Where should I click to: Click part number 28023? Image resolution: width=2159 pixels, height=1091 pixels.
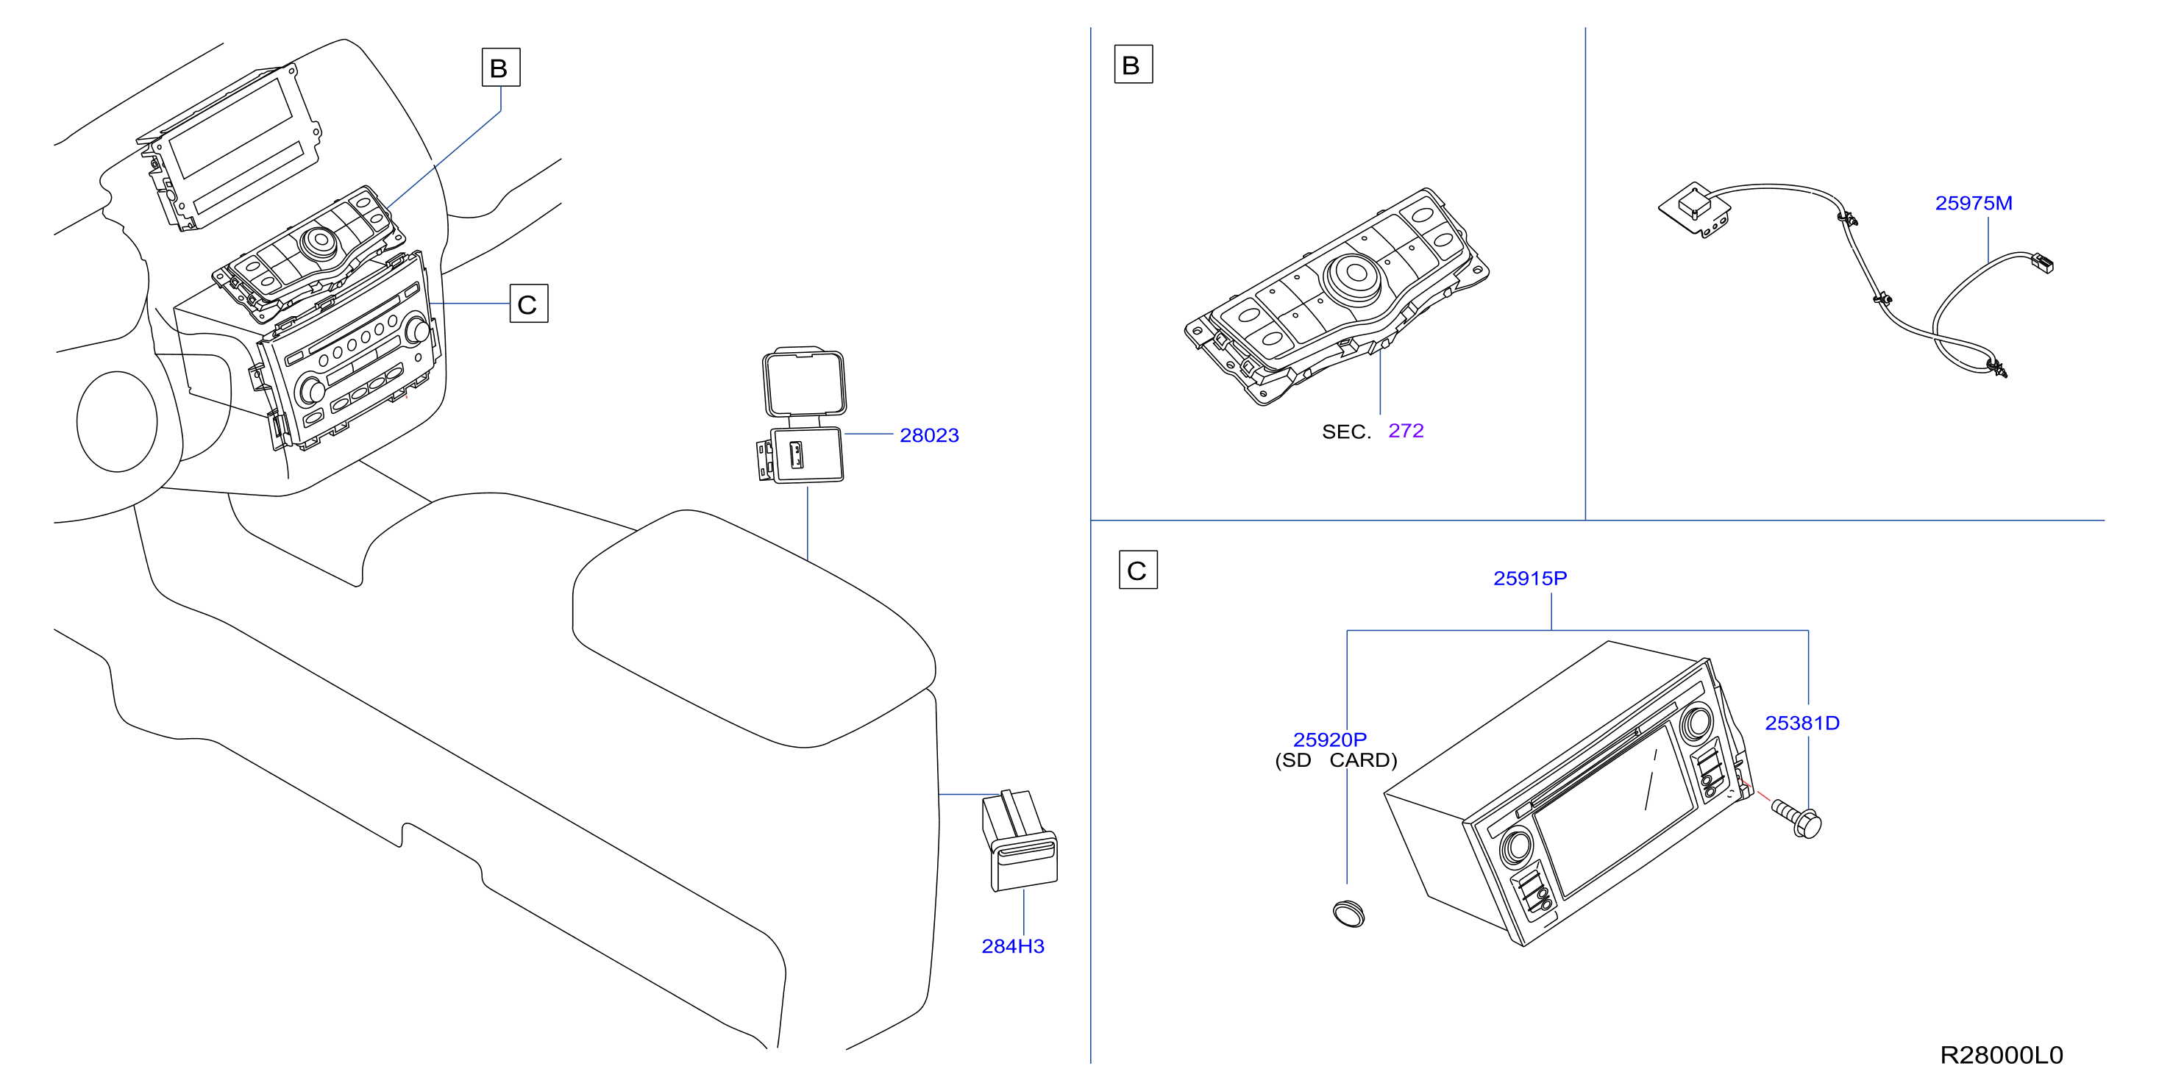coord(928,435)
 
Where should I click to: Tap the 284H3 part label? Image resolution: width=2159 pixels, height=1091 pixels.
coord(1012,946)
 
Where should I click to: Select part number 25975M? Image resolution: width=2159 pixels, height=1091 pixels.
coord(1973,203)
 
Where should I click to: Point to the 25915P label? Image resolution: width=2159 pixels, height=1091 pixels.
coord(1529,578)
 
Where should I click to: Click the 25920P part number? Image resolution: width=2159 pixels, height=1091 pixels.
coord(1329,740)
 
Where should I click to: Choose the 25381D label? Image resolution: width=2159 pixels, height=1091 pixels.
coord(1802,723)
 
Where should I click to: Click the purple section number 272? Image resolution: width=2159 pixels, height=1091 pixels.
coord(1406,431)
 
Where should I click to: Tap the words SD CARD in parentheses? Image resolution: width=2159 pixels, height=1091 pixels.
coord(1336,760)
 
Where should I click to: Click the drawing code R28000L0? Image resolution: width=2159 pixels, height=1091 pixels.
coord(2002,1055)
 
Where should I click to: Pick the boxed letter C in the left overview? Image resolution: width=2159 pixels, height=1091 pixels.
coord(528,304)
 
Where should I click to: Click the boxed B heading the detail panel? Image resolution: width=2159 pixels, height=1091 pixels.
coord(1132,65)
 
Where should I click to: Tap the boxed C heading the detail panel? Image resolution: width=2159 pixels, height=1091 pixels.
coord(1137,570)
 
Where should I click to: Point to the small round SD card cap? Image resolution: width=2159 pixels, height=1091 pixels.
coord(1348,912)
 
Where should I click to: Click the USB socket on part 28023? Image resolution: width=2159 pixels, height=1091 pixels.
coord(795,454)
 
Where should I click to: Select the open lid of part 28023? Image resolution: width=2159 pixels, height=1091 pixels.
coord(803,382)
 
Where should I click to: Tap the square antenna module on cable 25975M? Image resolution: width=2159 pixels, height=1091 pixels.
coord(1695,209)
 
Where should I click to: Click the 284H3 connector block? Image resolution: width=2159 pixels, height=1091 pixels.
coord(1018,840)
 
